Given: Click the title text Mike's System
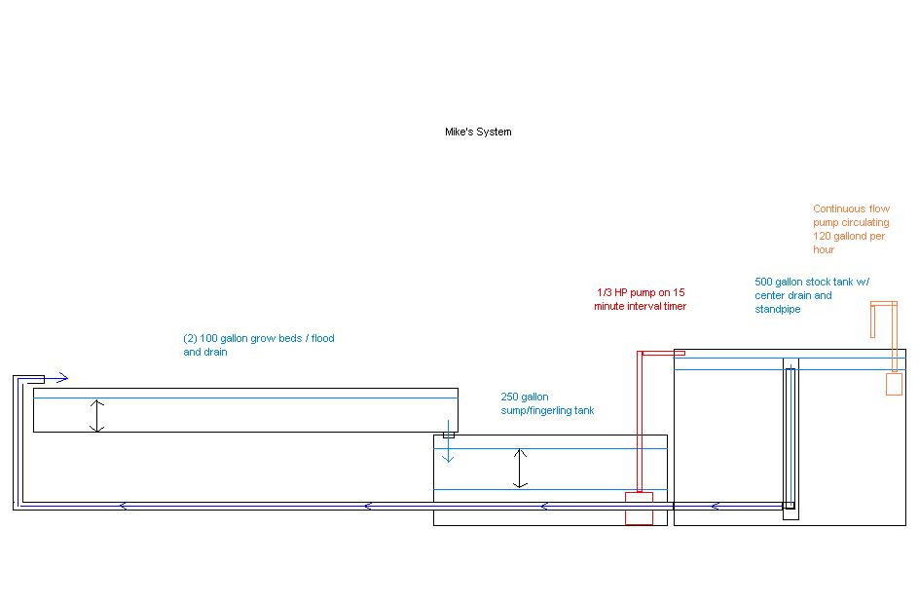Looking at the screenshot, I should coord(478,132).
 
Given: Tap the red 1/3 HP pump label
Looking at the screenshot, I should coord(641,299).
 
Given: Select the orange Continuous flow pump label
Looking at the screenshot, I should coord(851,229).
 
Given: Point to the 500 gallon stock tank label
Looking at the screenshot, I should coord(812,295).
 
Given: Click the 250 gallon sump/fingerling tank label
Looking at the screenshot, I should coord(547,403).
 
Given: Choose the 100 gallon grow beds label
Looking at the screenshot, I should coord(258,345).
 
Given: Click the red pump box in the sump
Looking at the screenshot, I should coord(639,509).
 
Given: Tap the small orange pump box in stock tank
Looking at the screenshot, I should coord(894,384).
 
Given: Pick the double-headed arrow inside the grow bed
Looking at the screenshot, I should coord(96,415).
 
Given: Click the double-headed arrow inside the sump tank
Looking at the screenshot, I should coord(521,468).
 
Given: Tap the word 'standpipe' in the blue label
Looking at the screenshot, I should coord(778,309).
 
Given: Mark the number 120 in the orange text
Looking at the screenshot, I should coord(822,236).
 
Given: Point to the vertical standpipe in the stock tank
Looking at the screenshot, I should coord(790,434).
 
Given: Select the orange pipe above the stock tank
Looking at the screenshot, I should coord(884,306).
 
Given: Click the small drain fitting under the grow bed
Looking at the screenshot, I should coord(449,435).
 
